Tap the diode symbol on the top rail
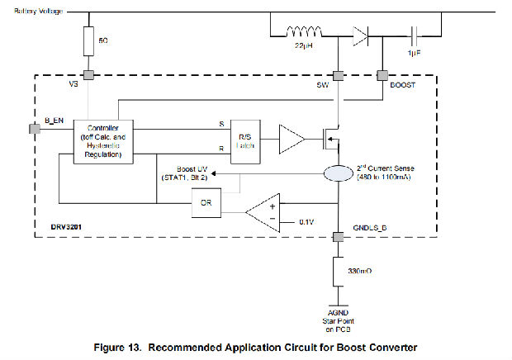[x=359, y=36]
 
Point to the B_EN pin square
[x=33, y=129]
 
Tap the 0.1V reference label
[x=306, y=222]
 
